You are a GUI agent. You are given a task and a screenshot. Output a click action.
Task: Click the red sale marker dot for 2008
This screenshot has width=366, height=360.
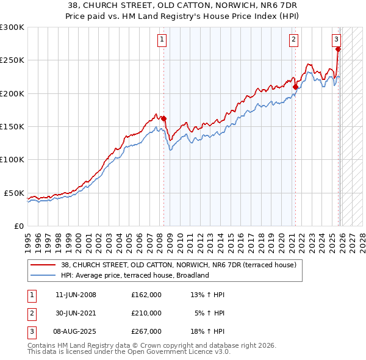point(163,119)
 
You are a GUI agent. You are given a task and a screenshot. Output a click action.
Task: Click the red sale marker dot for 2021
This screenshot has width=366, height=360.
point(295,87)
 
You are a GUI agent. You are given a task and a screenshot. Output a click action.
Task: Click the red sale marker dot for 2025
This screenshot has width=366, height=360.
point(338,49)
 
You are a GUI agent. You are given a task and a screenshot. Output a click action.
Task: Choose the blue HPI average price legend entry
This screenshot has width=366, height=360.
point(135,275)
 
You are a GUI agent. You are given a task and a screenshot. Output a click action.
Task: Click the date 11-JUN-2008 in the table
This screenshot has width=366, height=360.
point(76,295)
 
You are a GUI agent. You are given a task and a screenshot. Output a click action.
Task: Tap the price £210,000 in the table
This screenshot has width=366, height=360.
point(146,313)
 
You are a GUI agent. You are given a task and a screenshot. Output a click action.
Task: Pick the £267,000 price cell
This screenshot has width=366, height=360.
point(146,331)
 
